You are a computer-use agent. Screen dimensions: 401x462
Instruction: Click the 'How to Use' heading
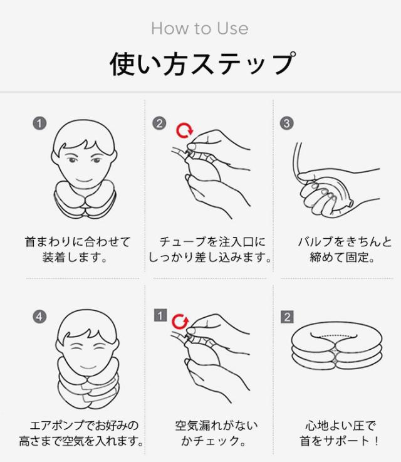pyautogui.click(x=200, y=29)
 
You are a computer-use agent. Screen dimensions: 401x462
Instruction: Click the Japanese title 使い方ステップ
pyautogui.click(x=202, y=64)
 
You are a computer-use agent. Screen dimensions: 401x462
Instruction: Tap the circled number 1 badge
pyautogui.click(x=39, y=123)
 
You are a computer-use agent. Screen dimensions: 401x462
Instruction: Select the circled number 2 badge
pyautogui.click(x=159, y=123)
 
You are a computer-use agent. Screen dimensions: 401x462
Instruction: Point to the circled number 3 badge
pyautogui.click(x=286, y=123)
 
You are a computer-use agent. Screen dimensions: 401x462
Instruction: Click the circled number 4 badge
pyautogui.click(x=39, y=317)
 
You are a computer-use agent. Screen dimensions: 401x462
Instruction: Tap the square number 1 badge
pyautogui.click(x=160, y=315)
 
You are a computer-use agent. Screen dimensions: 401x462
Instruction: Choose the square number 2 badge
pyautogui.click(x=287, y=317)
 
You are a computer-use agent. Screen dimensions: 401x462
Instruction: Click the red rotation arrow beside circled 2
pyautogui.click(x=185, y=131)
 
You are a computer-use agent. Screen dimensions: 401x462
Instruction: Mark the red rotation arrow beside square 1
pyautogui.click(x=180, y=322)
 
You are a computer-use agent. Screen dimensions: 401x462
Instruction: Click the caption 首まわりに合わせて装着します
pyautogui.click(x=77, y=249)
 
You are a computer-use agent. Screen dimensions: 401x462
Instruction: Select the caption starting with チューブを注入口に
pyautogui.click(x=210, y=249)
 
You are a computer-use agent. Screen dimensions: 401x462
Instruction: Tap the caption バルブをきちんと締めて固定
pyautogui.click(x=345, y=249)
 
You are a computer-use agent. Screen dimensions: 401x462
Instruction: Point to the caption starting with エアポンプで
pyautogui.click(x=81, y=433)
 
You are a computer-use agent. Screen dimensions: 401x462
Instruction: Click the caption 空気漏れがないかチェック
pyautogui.click(x=216, y=433)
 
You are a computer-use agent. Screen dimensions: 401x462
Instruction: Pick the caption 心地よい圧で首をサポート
pyautogui.click(x=340, y=433)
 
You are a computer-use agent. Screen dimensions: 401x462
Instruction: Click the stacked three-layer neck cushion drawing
pyautogui.click(x=336, y=350)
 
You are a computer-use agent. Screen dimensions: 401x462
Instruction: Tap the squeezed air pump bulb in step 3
pyautogui.click(x=330, y=196)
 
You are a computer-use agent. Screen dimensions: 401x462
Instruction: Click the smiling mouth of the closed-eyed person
pyautogui.click(x=88, y=367)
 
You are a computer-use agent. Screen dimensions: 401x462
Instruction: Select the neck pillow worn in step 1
pyautogui.click(x=85, y=199)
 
